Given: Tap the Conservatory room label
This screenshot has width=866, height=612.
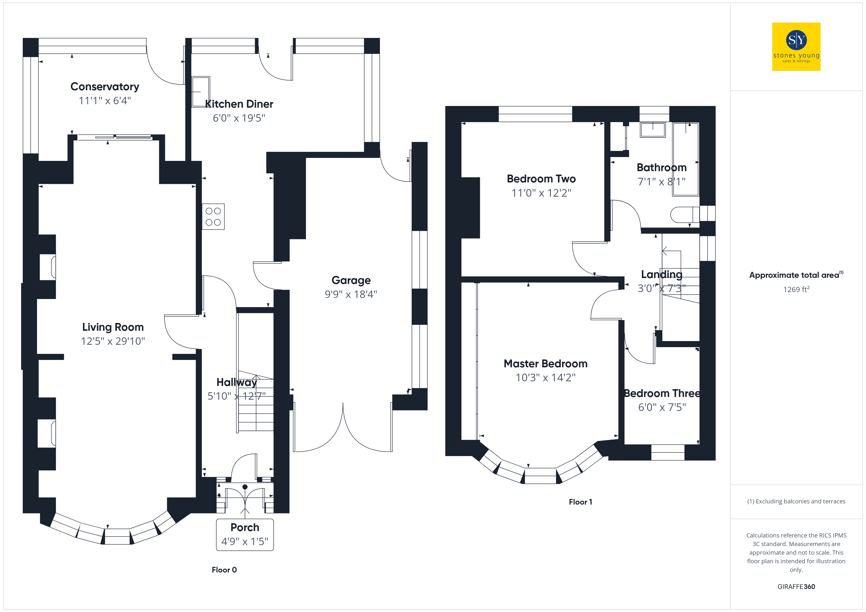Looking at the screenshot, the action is pyautogui.click(x=105, y=87).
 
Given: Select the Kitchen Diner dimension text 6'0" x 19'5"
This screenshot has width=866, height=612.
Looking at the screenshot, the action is pyautogui.click(x=239, y=118).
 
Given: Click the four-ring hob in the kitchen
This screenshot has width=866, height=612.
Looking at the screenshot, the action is pyautogui.click(x=213, y=217).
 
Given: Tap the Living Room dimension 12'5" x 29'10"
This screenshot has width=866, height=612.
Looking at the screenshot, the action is pyautogui.click(x=113, y=341).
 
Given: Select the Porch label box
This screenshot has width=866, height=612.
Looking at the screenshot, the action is pyautogui.click(x=245, y=535).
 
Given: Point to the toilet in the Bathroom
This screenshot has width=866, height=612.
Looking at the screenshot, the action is pyautogui.click(x=685, y=215).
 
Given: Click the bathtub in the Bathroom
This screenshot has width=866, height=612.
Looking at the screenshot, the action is pyautogui.click(x=686, y=159).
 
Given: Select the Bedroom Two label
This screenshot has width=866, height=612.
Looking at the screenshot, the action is pyautogui.click(x=541, y=179).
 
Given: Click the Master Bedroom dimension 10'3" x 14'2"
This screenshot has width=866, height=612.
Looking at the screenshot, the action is pyautogui.click(x=545, y=378).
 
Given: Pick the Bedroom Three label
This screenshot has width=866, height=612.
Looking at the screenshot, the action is pyautogui.click(x=662, y=394).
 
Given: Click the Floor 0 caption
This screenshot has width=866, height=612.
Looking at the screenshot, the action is pyautogui.click(x=224, y=570).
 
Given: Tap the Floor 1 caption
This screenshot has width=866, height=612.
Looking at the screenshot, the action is pyautogui.click(x=581, y=502).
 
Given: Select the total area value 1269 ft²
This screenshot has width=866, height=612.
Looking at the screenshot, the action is pyautogui.click(x=796, y=289).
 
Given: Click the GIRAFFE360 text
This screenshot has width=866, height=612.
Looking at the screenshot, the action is pyautogui.click(x=796, y=587).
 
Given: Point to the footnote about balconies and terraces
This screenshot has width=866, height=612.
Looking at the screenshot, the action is pyautogui.click(x=796, y=501).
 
